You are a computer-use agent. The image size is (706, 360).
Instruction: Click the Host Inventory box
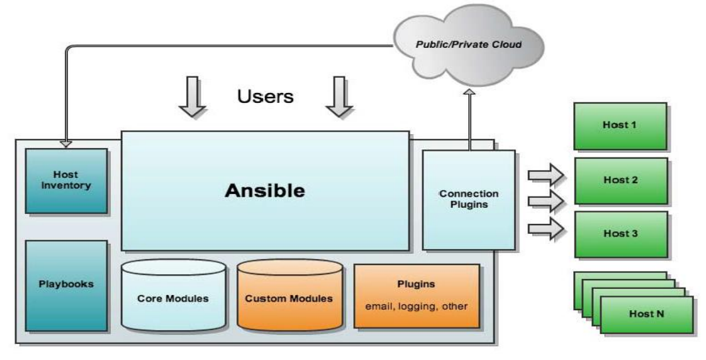coord(66,181)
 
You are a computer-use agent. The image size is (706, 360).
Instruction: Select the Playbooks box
coord(66,286)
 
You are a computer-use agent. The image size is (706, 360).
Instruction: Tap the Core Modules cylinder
coord(173,295)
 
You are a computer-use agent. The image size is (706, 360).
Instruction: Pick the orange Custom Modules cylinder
coord(290,295)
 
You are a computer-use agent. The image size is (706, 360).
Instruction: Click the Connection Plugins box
coord(469,200)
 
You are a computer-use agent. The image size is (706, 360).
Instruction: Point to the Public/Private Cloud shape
coord(469,44)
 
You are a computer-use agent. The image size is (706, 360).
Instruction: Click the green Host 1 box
coord(620,126)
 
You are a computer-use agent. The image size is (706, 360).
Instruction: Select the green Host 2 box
coord(621,180)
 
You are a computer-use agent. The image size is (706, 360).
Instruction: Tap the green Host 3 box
coord(621,234)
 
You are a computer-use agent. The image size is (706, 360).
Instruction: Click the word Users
coord(265,96)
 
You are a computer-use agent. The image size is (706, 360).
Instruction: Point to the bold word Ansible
coord(265,191)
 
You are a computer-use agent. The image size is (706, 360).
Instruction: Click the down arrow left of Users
coord(192,97)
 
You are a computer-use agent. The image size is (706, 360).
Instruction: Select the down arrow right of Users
coord(339,97)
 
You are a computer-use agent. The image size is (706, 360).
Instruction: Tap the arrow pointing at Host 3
coord(546,228)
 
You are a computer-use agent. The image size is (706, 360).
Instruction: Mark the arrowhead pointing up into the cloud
coord(470,92)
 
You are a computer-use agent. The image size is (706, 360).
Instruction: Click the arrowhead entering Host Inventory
coord(66,144)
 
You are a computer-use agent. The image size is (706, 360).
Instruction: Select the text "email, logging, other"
coord(416,306)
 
